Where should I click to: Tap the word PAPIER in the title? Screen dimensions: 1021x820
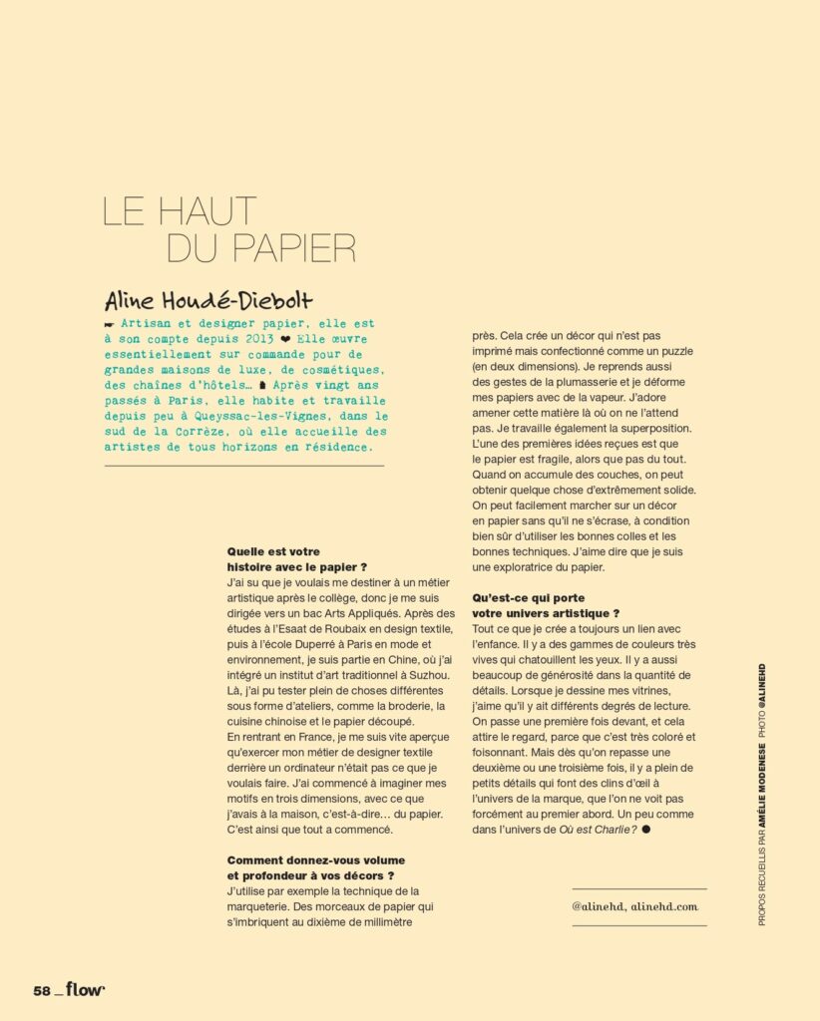click(x=293, y=248)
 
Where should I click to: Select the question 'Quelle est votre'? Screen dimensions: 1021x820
click(x=269, y=549)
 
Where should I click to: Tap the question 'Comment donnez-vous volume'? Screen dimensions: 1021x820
click(x=302, y=858)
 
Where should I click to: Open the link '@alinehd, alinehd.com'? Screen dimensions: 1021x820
click(x=635, y=906)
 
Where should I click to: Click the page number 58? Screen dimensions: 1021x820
click(x=41, y=990)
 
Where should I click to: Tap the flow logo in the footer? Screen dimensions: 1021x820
click(x=87, y=989)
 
